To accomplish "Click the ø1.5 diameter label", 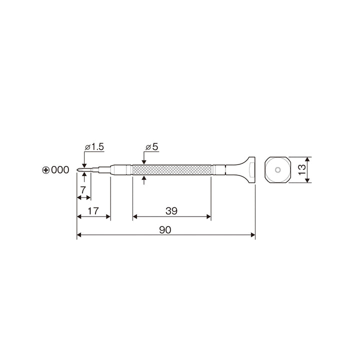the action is (x=94, y=146).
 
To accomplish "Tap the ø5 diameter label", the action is (x=152, y=146).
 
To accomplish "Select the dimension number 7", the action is (x=83, y=190).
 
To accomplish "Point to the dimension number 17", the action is (x=93, y=211).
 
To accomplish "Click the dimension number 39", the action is (x=171, y=211).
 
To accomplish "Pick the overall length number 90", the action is (x=165, y=230).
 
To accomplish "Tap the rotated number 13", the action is (x=302, y=170).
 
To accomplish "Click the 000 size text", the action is (x=60, y=170).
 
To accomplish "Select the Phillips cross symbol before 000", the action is (x=46, y=170).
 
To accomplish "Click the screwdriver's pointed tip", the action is (x=77, y=170).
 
